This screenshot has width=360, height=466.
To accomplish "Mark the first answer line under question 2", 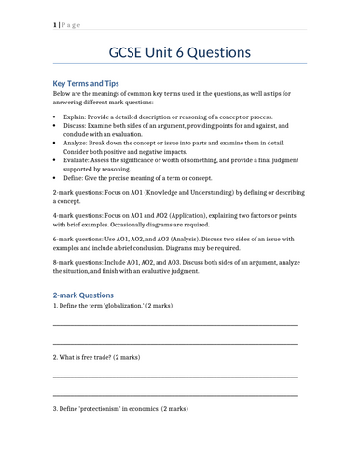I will pos(175,377).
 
